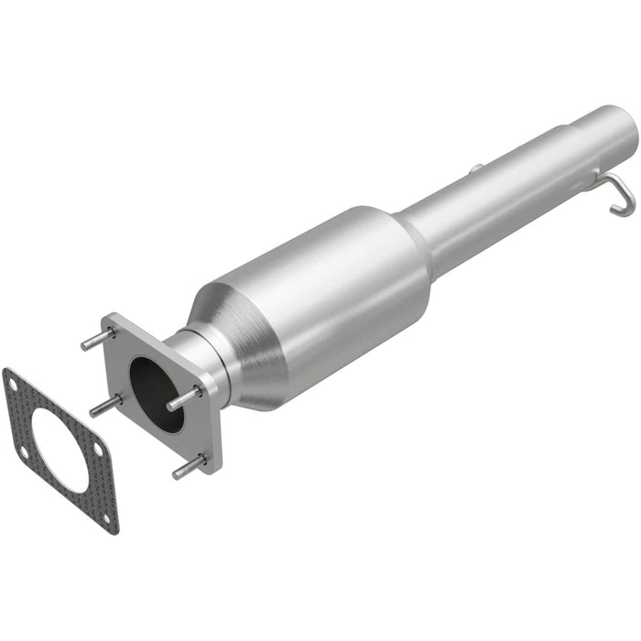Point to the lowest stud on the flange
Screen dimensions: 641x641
pos(189,467)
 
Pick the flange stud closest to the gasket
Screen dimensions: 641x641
pos(105,404)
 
